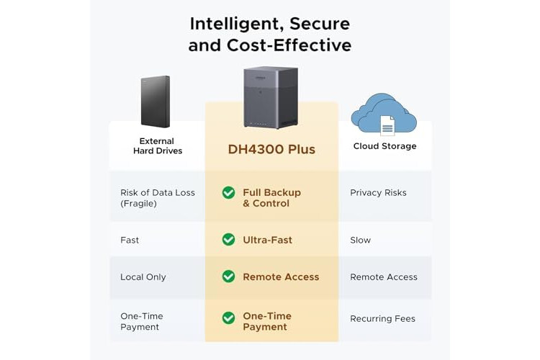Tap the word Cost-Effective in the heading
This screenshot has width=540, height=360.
(x=289, y=45)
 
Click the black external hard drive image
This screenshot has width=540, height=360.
(x=156, y=102)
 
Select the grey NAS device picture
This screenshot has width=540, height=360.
(x=271, y=97)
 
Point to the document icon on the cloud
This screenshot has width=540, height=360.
(x=387, y=126)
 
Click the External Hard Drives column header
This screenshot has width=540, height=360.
(x=158, y=145)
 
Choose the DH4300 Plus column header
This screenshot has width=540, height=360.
(x=271, y=149)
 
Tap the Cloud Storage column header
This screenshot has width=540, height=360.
(x=384, y=146)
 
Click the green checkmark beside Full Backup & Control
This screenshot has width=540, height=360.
(x=229, y=192)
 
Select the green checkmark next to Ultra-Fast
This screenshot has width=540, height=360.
(x=229, y=240)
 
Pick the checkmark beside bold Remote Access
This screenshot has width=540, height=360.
(x=229, y=276)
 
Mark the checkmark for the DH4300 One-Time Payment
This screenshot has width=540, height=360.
(x=229, y=318)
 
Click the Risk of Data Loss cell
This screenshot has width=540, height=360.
(x=158, y=198)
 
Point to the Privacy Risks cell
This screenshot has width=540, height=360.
(x=378, y=192)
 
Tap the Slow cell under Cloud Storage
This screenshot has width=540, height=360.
(x=360, y=240)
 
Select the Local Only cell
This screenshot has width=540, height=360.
(x=143, y=277)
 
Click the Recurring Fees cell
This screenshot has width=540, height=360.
(x=382, y=319)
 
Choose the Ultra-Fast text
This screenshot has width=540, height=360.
(x=268, y=240)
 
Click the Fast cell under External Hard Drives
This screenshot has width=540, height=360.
(x=130, y=240)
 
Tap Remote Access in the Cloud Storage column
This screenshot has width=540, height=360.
(x=384, y=277)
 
